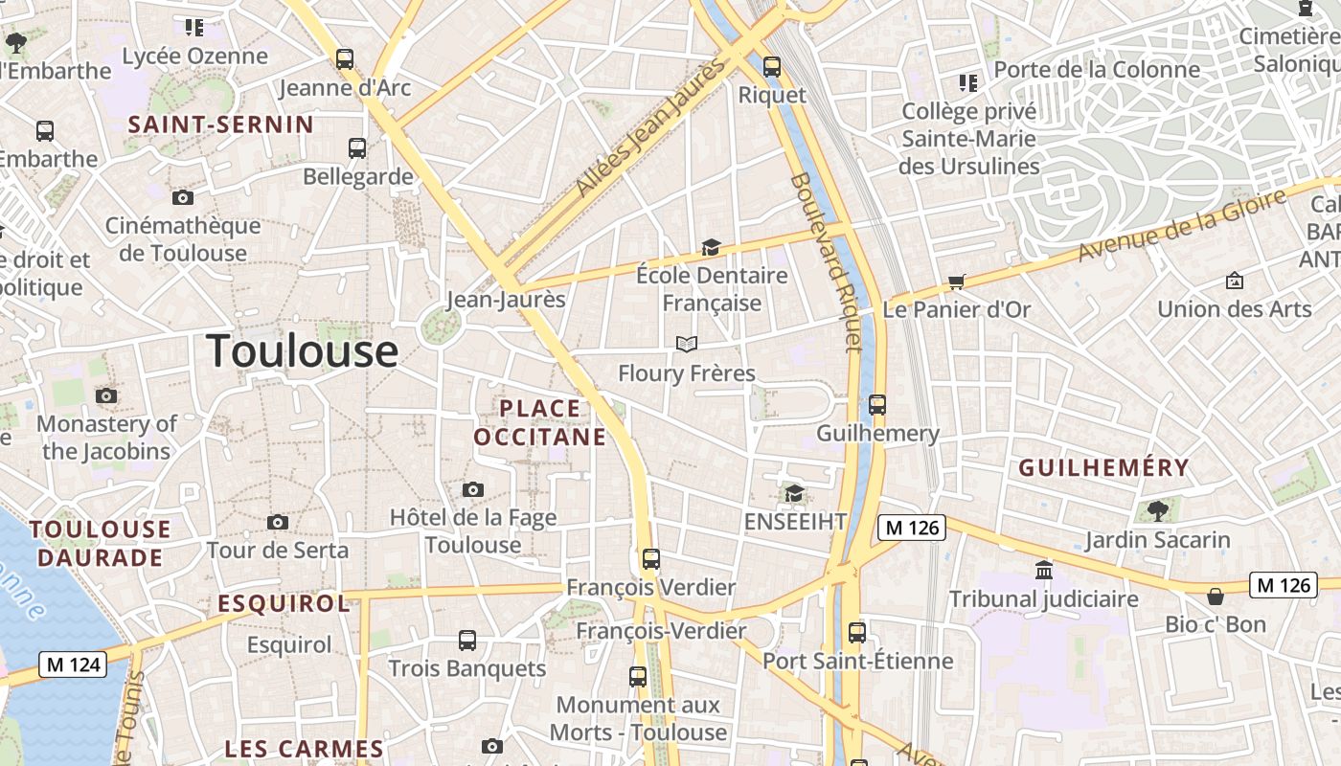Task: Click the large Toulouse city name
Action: (x=302, y=350)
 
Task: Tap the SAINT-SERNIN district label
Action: (x=221, y=124)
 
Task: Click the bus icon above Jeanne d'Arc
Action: (x=345, y=58)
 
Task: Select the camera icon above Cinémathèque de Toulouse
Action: (x=182, y=197)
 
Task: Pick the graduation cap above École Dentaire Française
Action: (x=711, y=247)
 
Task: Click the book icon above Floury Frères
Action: (x=686, y=344)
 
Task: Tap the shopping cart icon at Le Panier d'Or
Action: (x=956, y=282)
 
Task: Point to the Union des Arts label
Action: (x=1234, y=308)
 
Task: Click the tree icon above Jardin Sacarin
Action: (x=1157, y=510)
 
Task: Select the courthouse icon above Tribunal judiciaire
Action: (x=1043, y=571)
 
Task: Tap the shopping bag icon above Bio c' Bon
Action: (x=1215, y=597)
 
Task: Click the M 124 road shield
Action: (x=73, y=664)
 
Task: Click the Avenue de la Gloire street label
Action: (x=1182, y=225)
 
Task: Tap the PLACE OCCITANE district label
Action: (x=540, y=422)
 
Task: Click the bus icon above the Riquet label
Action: (x=771, y=67)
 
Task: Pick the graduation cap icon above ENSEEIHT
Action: (x=794, y=493)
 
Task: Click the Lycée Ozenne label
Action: (x=195, y=56)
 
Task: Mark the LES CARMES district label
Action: (x=304, y=749)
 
